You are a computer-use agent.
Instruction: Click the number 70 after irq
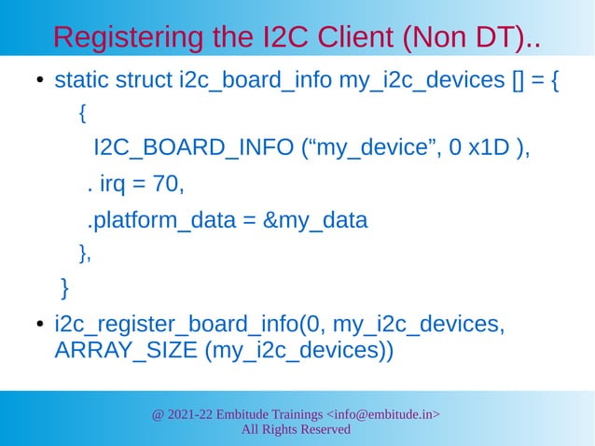167,186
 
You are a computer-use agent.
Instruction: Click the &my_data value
317,221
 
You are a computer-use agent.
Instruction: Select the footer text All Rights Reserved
297,429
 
